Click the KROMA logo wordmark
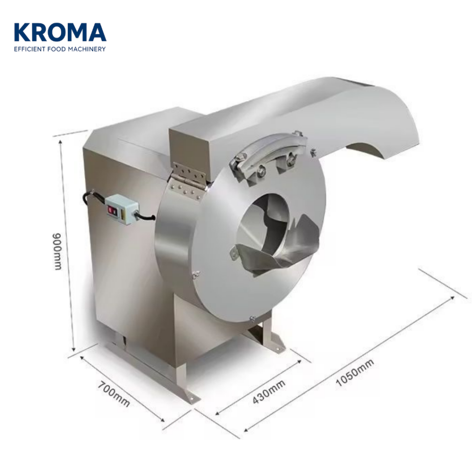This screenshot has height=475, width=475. pyautogui.click(x=60, y=32)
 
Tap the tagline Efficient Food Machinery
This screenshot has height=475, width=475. pyautogui.click(x=60, y=49)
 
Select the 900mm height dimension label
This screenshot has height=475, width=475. pyautogui.click(x=57, y=251)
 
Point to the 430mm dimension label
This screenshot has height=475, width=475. pyautogui.click(x=269, y=392)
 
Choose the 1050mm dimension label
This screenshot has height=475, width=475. pyautogui.click(x=355, y=372)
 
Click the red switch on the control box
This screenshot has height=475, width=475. pyautogui.click(x=112, y=210)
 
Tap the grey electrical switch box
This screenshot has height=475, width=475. pyautogui.click(x=122, y=209)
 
